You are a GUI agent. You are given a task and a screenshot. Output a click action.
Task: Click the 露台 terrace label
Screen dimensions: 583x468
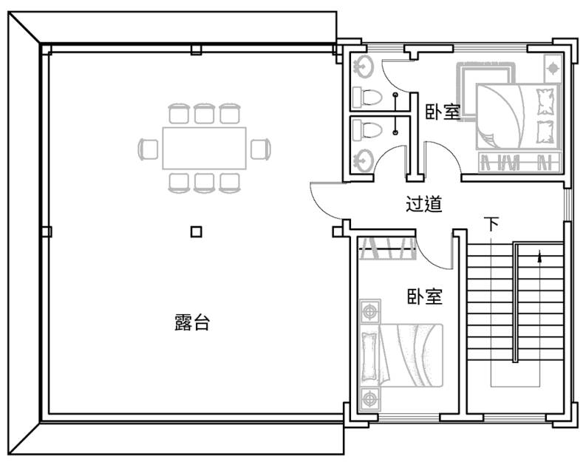[x=192, y=322]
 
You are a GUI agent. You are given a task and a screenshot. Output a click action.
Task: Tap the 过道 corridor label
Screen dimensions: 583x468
[x=423, y=204]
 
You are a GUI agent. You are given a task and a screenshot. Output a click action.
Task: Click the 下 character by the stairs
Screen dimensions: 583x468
[x=491, y=224]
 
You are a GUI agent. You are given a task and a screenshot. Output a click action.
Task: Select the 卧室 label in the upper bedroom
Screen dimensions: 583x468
[x=443, y=112]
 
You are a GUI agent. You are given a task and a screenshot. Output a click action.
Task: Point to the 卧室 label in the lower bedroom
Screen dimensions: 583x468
[x=424, y=296]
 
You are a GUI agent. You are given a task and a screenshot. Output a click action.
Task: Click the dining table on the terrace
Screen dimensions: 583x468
[x=204, y=149]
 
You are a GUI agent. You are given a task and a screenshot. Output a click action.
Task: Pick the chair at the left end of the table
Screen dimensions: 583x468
[x=148, y=149]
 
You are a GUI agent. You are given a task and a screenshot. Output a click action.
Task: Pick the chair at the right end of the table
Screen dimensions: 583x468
[x=261, y=149]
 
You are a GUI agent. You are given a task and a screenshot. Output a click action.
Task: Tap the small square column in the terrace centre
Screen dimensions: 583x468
[x=197, y=231]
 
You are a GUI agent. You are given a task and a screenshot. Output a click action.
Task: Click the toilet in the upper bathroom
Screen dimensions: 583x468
[x=367, y=97]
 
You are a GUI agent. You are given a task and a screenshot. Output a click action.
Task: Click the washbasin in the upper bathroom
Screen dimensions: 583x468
[x=364, y=67]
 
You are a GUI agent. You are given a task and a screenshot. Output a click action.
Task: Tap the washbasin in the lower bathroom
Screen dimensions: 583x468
[x=364, y=160]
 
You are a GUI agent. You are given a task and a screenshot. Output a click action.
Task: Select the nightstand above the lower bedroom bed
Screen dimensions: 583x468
[x=370, y=311]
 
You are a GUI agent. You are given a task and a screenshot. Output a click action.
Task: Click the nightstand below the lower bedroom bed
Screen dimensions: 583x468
[x=370, y=399]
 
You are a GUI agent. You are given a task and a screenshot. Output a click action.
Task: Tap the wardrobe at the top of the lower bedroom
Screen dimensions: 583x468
[x=386, y=248]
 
